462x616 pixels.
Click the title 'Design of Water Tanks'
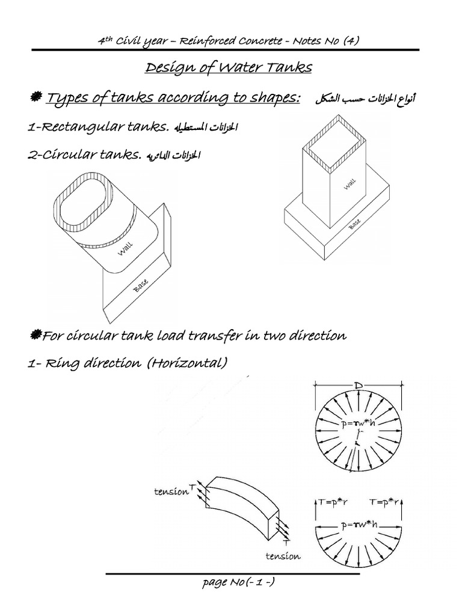(229, 67)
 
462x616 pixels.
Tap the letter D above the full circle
(358, 383)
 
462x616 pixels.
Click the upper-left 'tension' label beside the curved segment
(171, 491)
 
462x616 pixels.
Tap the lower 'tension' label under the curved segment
(282, 556)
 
